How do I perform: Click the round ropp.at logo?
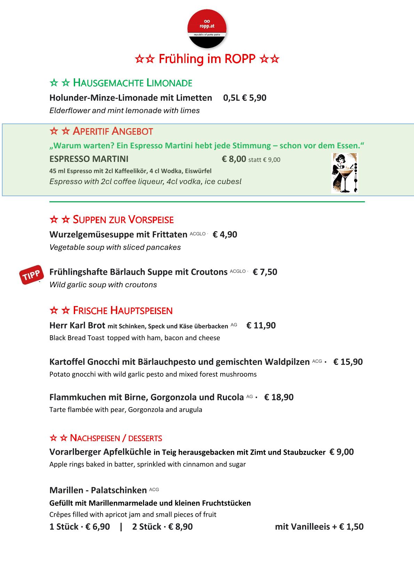[x=207, y=29]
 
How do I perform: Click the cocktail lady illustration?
[x=344, y=173]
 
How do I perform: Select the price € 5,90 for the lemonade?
[x=254, y=98]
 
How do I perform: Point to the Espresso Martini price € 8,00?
[x=234, y=159]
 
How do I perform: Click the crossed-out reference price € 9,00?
[x=271, y=160]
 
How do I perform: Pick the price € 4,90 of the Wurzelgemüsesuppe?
[x=225, y=234]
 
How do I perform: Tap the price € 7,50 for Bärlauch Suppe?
[x=265, y=272]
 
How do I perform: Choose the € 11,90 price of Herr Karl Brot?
[x=261, y=326]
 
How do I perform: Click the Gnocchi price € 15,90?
[x=348, y=362]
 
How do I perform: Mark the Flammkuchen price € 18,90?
[x=279, y=397]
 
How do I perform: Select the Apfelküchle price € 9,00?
[x=342, y=452]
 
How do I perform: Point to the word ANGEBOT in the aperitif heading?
[x=133, y=131]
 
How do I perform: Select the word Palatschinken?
[x=119, y=490]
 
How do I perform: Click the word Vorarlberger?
[x=75, y=452]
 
